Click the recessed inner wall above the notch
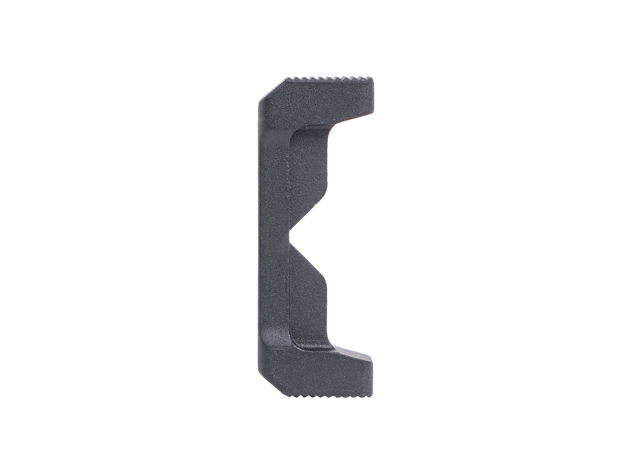point(308,164)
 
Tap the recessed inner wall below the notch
point(308,309)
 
